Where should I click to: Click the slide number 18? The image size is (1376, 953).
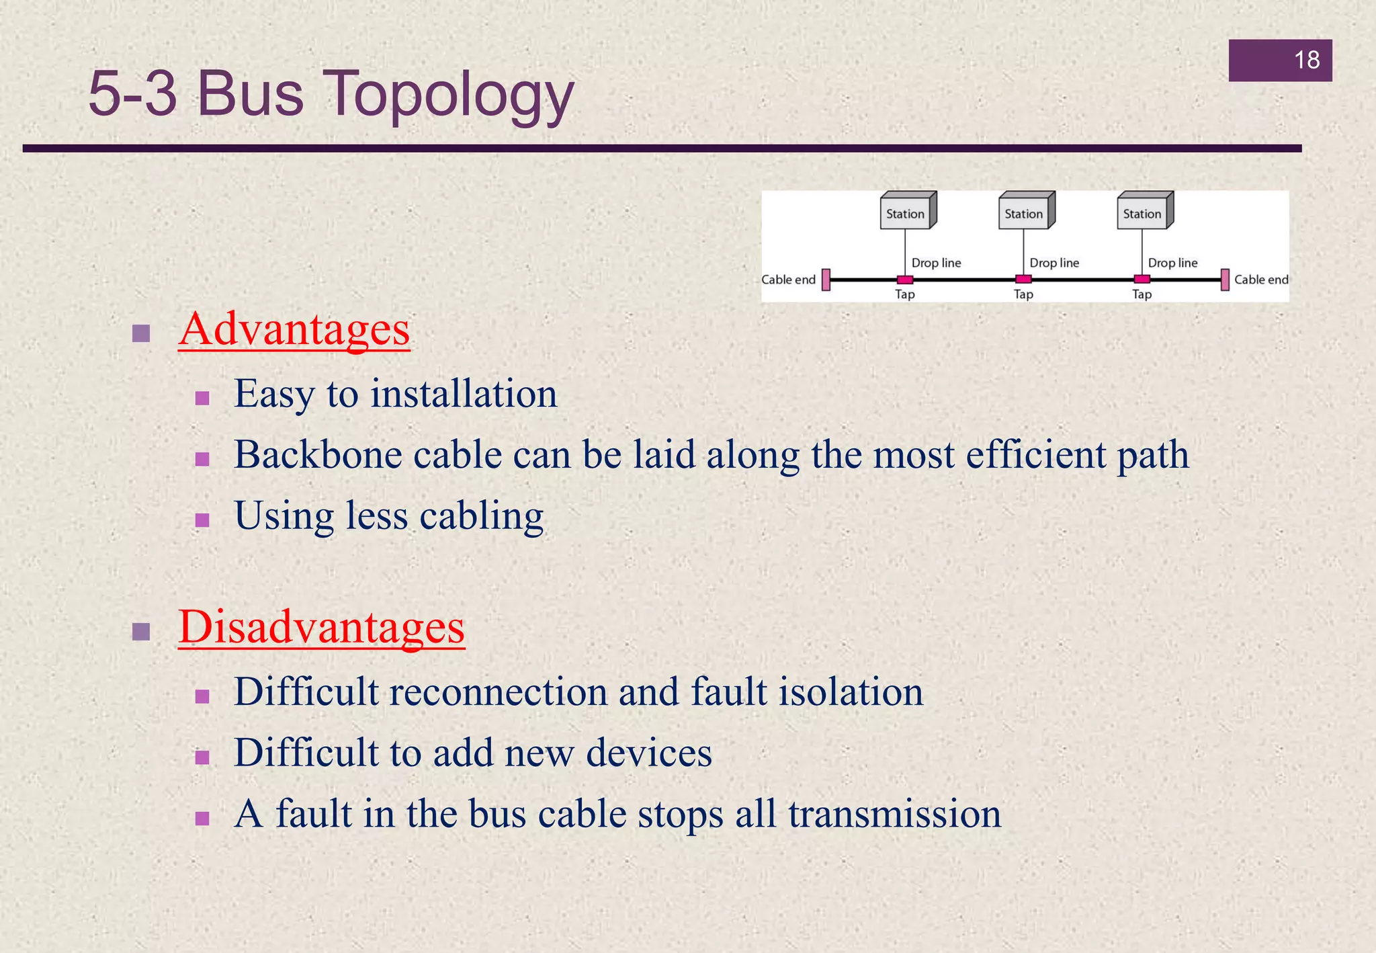1306,60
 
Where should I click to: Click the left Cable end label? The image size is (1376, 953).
788,280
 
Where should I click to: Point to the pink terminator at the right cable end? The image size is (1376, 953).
1225,280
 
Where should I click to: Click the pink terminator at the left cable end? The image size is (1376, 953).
826,280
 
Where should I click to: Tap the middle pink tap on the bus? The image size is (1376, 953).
1023,280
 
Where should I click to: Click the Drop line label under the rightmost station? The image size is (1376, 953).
1172,263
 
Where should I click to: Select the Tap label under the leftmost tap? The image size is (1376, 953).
905,294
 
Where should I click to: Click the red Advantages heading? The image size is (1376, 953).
294,329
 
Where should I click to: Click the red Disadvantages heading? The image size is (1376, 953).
321,626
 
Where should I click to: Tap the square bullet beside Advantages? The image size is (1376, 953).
141,333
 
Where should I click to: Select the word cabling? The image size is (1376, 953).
481,516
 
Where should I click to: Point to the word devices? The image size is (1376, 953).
648,753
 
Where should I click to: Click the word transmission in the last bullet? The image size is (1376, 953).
894,814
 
